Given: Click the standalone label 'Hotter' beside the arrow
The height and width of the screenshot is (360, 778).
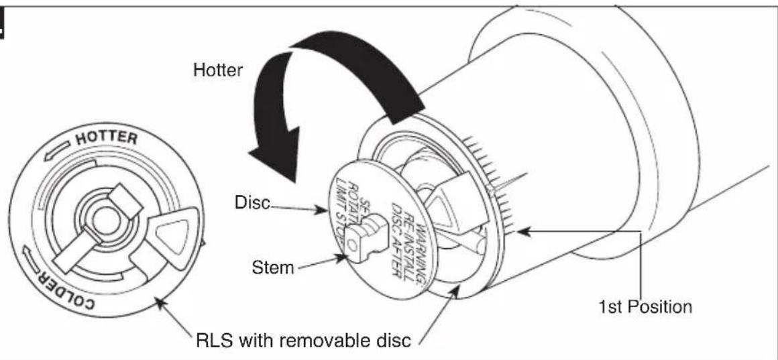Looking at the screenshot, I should (x=217, y=70).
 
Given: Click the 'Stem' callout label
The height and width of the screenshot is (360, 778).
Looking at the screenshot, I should (x=273, y=268).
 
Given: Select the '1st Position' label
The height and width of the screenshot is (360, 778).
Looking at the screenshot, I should (x=645, y=308).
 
